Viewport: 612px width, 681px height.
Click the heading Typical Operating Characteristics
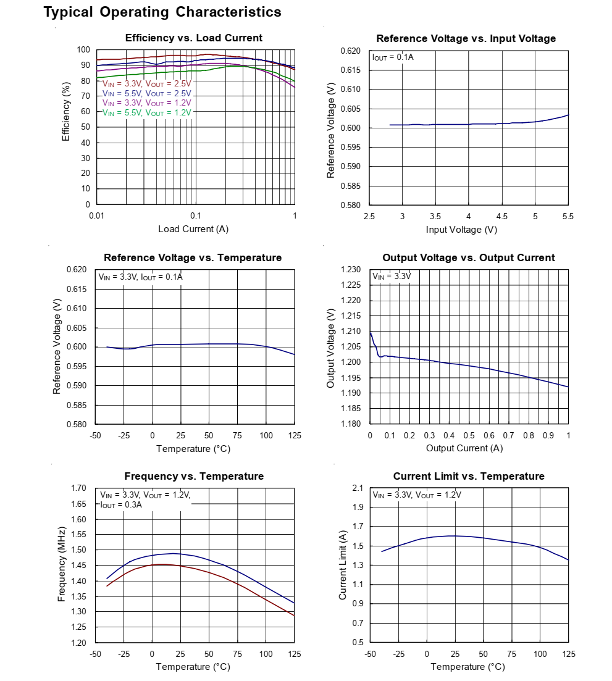(162, 12)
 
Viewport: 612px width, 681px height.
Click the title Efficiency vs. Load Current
(193, 38)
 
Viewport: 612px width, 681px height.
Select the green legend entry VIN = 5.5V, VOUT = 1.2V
(147, 112)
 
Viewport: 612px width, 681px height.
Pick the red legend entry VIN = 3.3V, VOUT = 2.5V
(147, 83)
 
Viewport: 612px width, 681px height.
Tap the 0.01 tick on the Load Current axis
(96, 215)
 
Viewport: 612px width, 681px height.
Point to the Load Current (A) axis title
(193, 229)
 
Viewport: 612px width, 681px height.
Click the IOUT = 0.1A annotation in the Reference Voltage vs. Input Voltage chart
(393, 57)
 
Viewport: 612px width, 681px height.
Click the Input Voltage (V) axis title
(461, 230)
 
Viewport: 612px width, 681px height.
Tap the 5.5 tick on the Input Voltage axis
(568, 216)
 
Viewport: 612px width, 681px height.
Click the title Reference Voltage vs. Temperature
(193, 257)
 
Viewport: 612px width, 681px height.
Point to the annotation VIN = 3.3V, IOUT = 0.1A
(140, 277)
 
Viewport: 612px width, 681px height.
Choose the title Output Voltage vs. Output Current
(469, 257)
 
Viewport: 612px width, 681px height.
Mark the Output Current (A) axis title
(464, 448)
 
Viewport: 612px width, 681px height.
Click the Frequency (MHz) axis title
(62, 564)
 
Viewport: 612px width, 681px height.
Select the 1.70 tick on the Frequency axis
(78, 488)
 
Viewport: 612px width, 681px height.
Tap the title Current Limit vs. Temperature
(469, 476)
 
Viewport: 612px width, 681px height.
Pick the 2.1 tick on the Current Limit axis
(356, 488)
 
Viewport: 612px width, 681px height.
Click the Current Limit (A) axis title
(343, 564)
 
